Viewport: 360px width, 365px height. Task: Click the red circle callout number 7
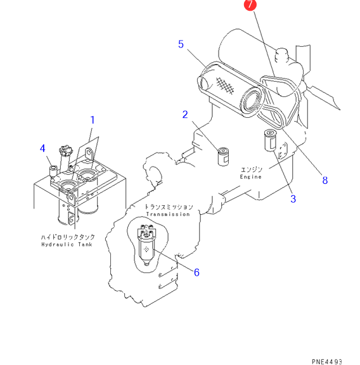pos(250,4)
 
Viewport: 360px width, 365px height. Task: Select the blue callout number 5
pos(181,44)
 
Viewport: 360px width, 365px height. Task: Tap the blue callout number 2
pos(185,114)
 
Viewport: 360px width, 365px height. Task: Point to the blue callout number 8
pos(325,180)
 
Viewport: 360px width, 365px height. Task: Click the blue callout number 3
pos(293,199)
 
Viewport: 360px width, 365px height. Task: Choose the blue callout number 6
pos(196,272)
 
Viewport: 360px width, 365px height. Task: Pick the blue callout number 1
pos(93,120)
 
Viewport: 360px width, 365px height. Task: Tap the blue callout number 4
pos(42,148)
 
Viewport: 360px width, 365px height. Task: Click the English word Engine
pos(250,177)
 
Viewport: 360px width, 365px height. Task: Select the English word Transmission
pos(168,214)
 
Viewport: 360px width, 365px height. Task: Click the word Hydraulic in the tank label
pos(58,245)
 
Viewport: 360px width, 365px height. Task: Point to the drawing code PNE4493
pos(326,361)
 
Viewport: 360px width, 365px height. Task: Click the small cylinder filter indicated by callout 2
pos(224,157)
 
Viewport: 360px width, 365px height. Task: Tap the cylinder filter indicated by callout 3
pos(270,141)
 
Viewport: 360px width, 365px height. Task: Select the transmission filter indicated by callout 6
pos(146,245)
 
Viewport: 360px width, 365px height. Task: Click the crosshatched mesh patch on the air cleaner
pos(225,86)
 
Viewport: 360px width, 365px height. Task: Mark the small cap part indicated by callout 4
pos(53,171)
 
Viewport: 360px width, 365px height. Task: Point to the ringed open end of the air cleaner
pos(252,102)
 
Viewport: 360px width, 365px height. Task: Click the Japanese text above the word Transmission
pos(169,207)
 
